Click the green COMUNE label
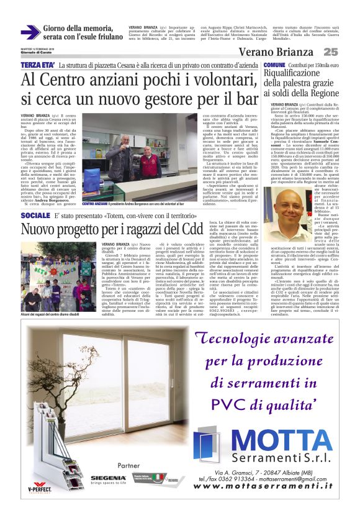[274, 65]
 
